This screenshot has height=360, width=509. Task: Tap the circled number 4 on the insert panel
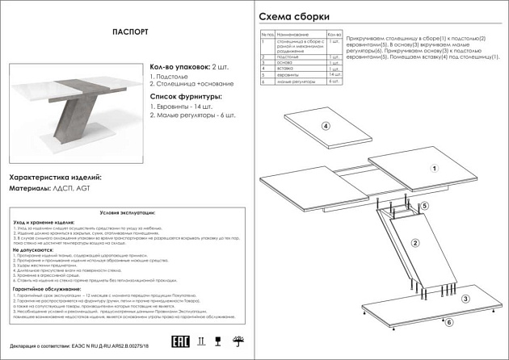point(326,126)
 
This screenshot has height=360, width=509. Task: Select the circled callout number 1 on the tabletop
point(433,170)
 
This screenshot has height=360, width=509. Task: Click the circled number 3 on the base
point(465,299)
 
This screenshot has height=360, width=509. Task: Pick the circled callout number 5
point(424,207)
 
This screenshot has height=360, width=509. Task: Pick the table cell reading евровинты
point(287,75)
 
